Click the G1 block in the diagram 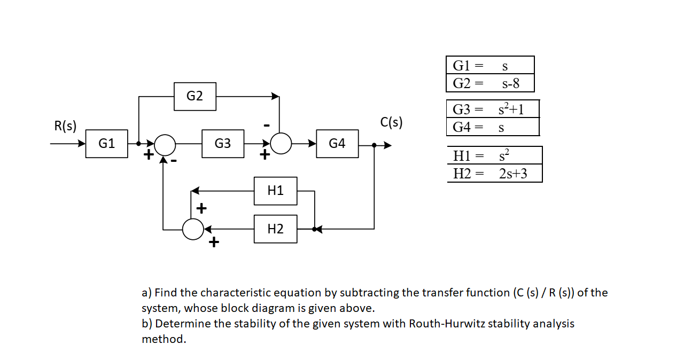pos(107,144)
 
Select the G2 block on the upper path pos(195,97)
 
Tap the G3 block pos(223,144)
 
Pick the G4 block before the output pos(337,144)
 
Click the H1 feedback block pos(275,191)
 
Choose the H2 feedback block pos(275,229)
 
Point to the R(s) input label pos(65,126)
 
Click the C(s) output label pos(391,122)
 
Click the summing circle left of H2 pos(192,229)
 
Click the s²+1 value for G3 pos(510,109)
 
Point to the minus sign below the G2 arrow pos(266,125)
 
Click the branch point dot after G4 pos(374,145)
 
